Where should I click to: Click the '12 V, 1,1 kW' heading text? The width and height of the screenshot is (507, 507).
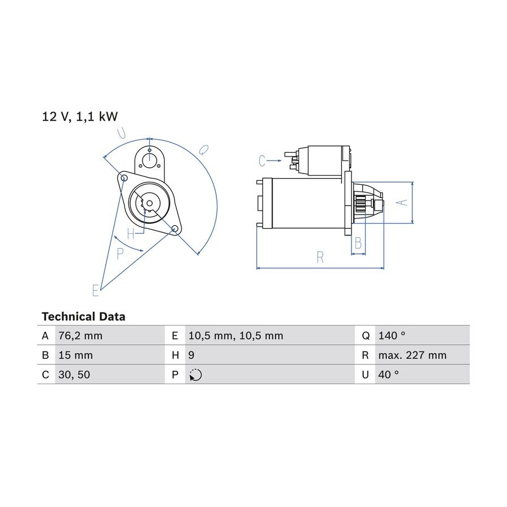80,117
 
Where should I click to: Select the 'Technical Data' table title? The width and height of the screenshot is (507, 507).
83,317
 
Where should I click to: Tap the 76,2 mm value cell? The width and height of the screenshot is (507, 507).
81,336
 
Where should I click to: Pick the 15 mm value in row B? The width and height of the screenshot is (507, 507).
75,355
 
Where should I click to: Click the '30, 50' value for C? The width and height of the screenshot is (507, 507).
74,375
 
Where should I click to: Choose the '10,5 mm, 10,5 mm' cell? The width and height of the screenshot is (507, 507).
235,336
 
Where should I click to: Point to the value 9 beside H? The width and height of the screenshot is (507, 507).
191,355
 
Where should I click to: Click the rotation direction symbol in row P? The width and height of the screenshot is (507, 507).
195,375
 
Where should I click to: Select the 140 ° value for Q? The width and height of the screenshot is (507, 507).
392,336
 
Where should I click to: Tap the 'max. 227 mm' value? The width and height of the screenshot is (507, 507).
412,355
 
